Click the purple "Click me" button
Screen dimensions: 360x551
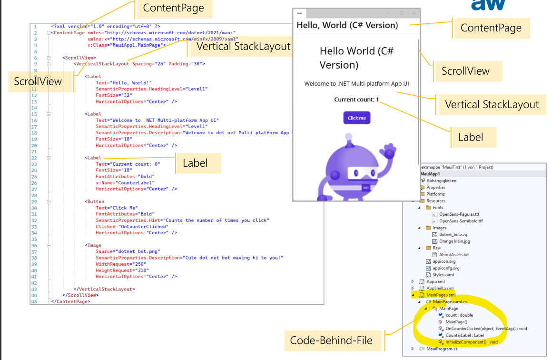click(356, 118)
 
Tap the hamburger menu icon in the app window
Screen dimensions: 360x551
click(299, 13)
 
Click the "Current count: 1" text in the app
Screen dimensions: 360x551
click(356, 100)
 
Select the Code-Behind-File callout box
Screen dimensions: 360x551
click(331, 340)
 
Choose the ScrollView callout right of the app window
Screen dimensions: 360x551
click(465, 71)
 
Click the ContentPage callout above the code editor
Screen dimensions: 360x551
click(173, 8)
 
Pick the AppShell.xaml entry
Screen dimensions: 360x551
click(440, 288)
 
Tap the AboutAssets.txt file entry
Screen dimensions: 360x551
click(453, 255)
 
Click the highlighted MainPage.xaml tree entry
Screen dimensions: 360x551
click(441, 295)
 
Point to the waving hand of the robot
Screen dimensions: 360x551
click(390, 153)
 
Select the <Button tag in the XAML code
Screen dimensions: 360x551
click(94, 201)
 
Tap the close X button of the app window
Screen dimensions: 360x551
click(414, 13)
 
